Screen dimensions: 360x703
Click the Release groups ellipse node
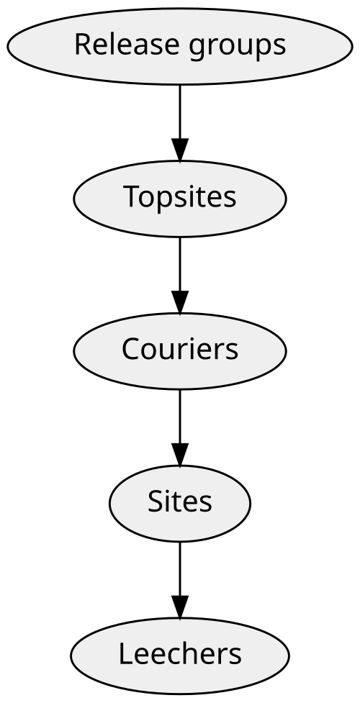[x=180, y=46]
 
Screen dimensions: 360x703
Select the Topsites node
[x=180, y=199]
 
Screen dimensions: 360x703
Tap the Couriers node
[x=180, y=351]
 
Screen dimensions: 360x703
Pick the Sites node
[x=180, y=504]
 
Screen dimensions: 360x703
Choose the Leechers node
[x=180, y=656]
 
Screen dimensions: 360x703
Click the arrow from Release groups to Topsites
[x=180, y=123]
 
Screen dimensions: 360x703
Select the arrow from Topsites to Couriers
[x=180, y=276]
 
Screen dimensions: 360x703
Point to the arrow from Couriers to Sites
[x=180, y=427]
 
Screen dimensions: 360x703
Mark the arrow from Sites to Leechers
[x=180, y=580]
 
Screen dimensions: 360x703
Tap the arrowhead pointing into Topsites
[x=180, y=150]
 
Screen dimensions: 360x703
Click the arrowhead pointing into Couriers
[x=180, y=302]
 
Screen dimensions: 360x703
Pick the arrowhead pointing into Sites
[x=180, y=455]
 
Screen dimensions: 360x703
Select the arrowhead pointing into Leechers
[x=180, y=607]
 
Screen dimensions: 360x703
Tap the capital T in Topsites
[x=133, y=197]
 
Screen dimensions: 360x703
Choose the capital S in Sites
[x=156, y=502]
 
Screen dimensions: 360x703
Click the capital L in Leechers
[x=126, y=655]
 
